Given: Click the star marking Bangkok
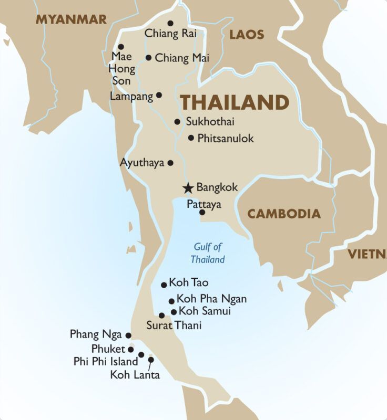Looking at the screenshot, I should [188, 188].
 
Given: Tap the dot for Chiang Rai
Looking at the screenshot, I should [170, 23].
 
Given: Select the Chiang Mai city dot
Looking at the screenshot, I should [149, 58].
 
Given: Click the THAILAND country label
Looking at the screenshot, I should [235, 102].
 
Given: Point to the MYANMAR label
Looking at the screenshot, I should [71, 20].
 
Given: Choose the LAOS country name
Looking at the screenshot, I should [247, 35].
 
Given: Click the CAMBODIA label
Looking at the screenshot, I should [284, 214].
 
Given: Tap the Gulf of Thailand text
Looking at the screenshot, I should [208, 253].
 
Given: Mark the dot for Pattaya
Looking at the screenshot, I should [202, 213].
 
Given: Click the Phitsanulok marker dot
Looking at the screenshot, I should [191, 138].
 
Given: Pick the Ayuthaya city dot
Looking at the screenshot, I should [170, 163].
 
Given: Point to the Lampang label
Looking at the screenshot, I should [131, 96].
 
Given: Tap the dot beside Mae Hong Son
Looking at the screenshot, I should [121, 47].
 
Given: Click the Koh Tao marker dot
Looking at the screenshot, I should [164, 285].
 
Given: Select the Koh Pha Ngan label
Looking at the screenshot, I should [211, 299].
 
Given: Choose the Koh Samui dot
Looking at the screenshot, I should [174, 312].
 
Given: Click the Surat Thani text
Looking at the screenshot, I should [174, 325].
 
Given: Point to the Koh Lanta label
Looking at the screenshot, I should [135, 375].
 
